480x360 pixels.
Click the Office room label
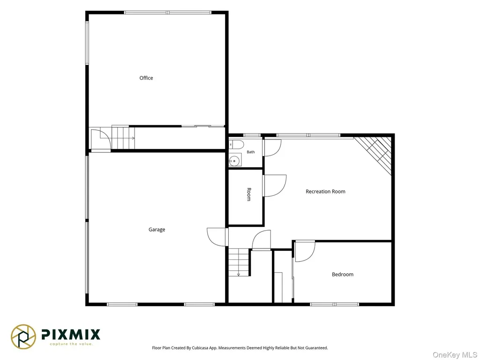pyautogui.click(x=146, y=78)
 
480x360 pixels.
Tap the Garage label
pyautogui.click(x=157, y=230)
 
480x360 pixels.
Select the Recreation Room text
pyautogui.click(x=325, y=192)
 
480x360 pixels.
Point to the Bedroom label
pyautogui.click(x=343, y=275)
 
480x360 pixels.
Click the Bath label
pyautogui.click(x=251, y=152)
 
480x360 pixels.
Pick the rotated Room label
pyautogui.click(x=249, y=195)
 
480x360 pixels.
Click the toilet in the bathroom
pyautogui.click(x=236, y=144)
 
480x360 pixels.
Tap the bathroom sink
pyautogui.click(x=235, y=160)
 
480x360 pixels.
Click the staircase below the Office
pyautogui.click(x=123, y=137)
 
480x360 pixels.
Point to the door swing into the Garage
pyautogui.click(x=217, y=237)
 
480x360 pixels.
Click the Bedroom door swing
pyautogui.click(x=305, y=251)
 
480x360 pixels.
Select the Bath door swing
pyautogui.click(x=273, y=148)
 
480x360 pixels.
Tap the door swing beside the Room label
pyautogui.click(x=275, y=186)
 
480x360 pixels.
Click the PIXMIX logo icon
pyautogui.click(x=23, y=337)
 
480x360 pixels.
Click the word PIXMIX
pyautogui.click(x=71, y=334)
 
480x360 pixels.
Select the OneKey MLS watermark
pyautogui.click(x=454, y=355)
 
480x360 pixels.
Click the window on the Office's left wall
pyautogui.click(x=87, y=43)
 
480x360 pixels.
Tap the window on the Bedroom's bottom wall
pyautogui.click(x=334, y=304)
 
